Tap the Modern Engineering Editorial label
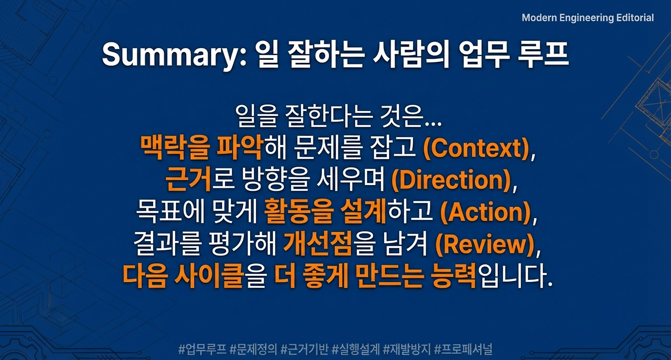click(588, 18)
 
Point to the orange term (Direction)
click(450, 181)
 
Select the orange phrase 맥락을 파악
click(201, 149)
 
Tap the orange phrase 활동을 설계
click(326, 212)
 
